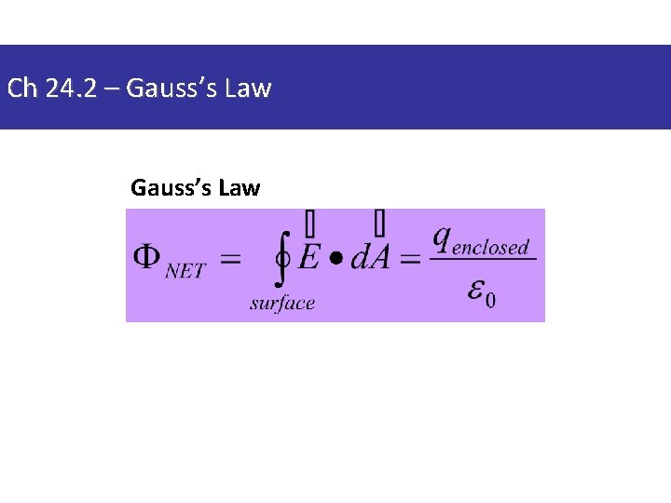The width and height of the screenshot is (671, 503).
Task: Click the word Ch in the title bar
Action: point(21,89)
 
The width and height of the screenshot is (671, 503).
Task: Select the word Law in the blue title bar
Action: point(250,89)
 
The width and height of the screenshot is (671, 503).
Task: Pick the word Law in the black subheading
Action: point(240,188)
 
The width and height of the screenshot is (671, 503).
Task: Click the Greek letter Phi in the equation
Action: point(146,257)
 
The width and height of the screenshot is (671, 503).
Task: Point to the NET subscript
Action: point(185,271)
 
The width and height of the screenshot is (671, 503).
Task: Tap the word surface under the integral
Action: point(282,303)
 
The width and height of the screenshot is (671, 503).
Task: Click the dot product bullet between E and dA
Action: point(334,258)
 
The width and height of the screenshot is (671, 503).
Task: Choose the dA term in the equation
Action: point(370,256)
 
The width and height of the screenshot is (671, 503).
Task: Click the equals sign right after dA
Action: point(410,259)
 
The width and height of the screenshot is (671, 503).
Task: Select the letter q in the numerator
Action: point(442,238)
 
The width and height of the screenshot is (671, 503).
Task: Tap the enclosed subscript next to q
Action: point(490,248)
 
